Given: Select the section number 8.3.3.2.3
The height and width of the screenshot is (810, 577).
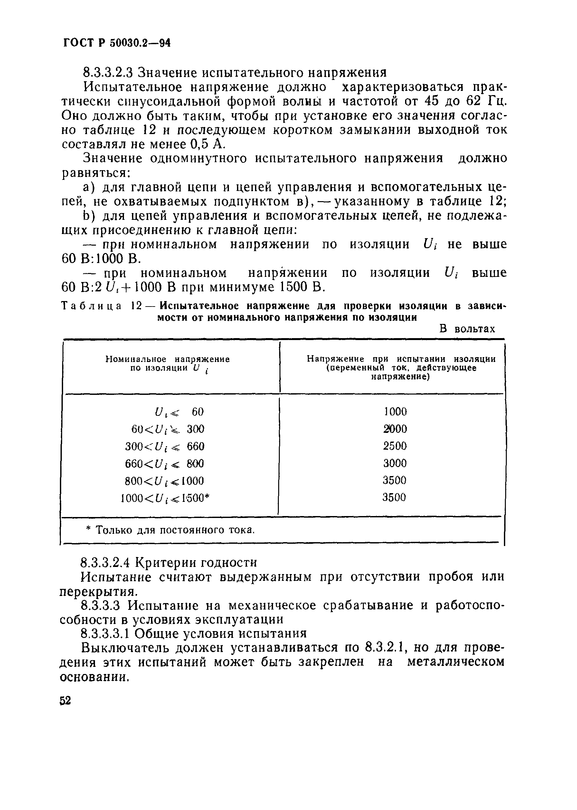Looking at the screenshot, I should pyautogui.click(x=108, y=73).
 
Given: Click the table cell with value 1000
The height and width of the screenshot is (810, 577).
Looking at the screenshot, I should pyautogui.click(x=395, y=412).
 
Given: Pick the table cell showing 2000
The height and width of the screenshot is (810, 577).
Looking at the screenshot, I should pyautogui.click(x=395, y=429).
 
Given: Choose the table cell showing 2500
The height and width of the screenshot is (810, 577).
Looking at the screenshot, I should pyautogui.click(x=395, y=446).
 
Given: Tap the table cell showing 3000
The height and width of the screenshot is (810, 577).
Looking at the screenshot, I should pyautogui.click(x=395, y=463).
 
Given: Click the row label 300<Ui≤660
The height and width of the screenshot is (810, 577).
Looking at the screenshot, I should pyautogui.click(x=165, y=446).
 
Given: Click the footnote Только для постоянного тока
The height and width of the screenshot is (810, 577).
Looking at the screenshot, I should pyautogui.click(x=171, y=530).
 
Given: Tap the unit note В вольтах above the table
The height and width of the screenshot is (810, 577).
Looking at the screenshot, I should pyautogui.click(x=467, y=329).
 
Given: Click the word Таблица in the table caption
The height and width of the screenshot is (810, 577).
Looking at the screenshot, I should pyautogui.click(x=92, y=306).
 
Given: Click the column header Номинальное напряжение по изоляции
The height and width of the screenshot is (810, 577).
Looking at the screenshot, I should pyautogui.click(x=168, y=363).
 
